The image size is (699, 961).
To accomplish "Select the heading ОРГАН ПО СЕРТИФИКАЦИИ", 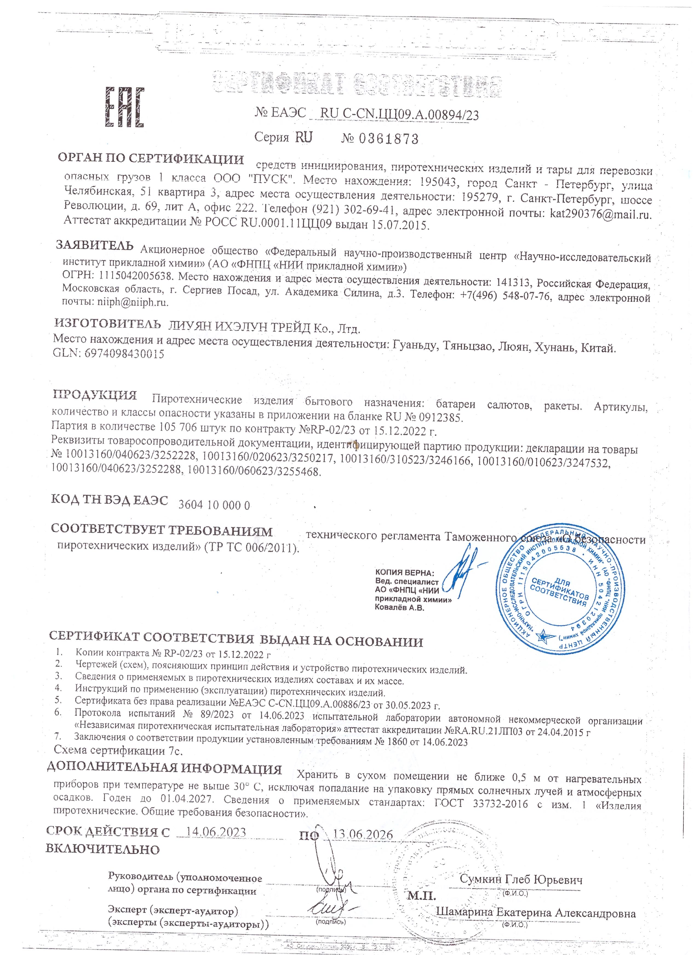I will pyautogui.click(x=151, y=159).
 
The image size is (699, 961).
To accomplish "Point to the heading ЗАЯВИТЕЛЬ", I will pyautogui.click(x=95, y=245).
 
